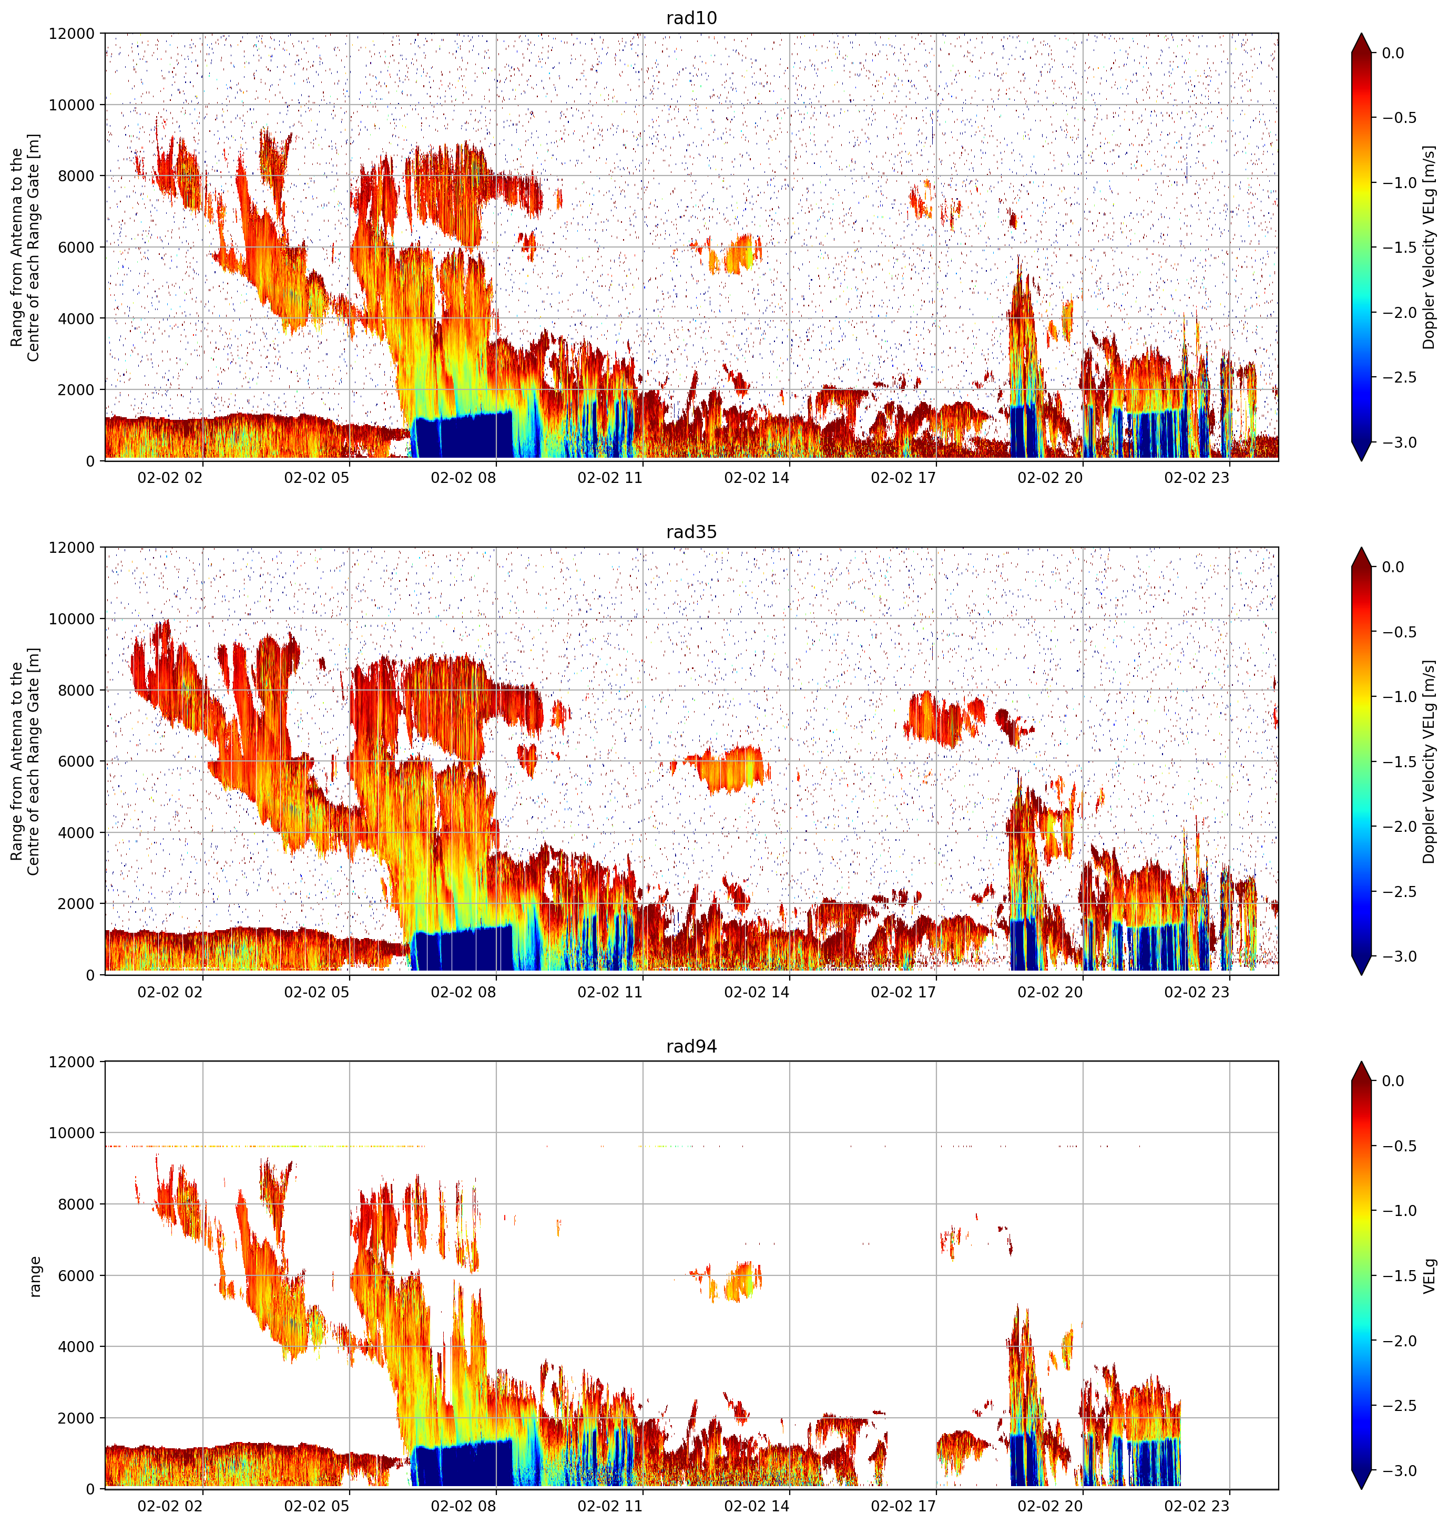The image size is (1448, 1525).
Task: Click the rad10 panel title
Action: point(691,18)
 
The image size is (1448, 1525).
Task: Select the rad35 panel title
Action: point(691,531)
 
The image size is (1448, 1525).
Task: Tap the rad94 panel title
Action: point(691,1046)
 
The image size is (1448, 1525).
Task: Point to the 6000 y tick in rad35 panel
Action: point(78,761)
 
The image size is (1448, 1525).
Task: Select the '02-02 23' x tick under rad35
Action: point(1196,991)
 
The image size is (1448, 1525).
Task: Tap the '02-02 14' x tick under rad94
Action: point(757,1506)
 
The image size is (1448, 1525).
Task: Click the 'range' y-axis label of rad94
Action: point(35,1276)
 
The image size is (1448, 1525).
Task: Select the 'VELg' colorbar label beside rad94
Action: point(1430,1276)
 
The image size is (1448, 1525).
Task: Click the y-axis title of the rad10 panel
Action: point(25,247)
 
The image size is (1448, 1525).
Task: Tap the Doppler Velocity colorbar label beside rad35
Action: point(1430,761)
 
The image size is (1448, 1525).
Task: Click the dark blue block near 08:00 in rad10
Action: point(462,435)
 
